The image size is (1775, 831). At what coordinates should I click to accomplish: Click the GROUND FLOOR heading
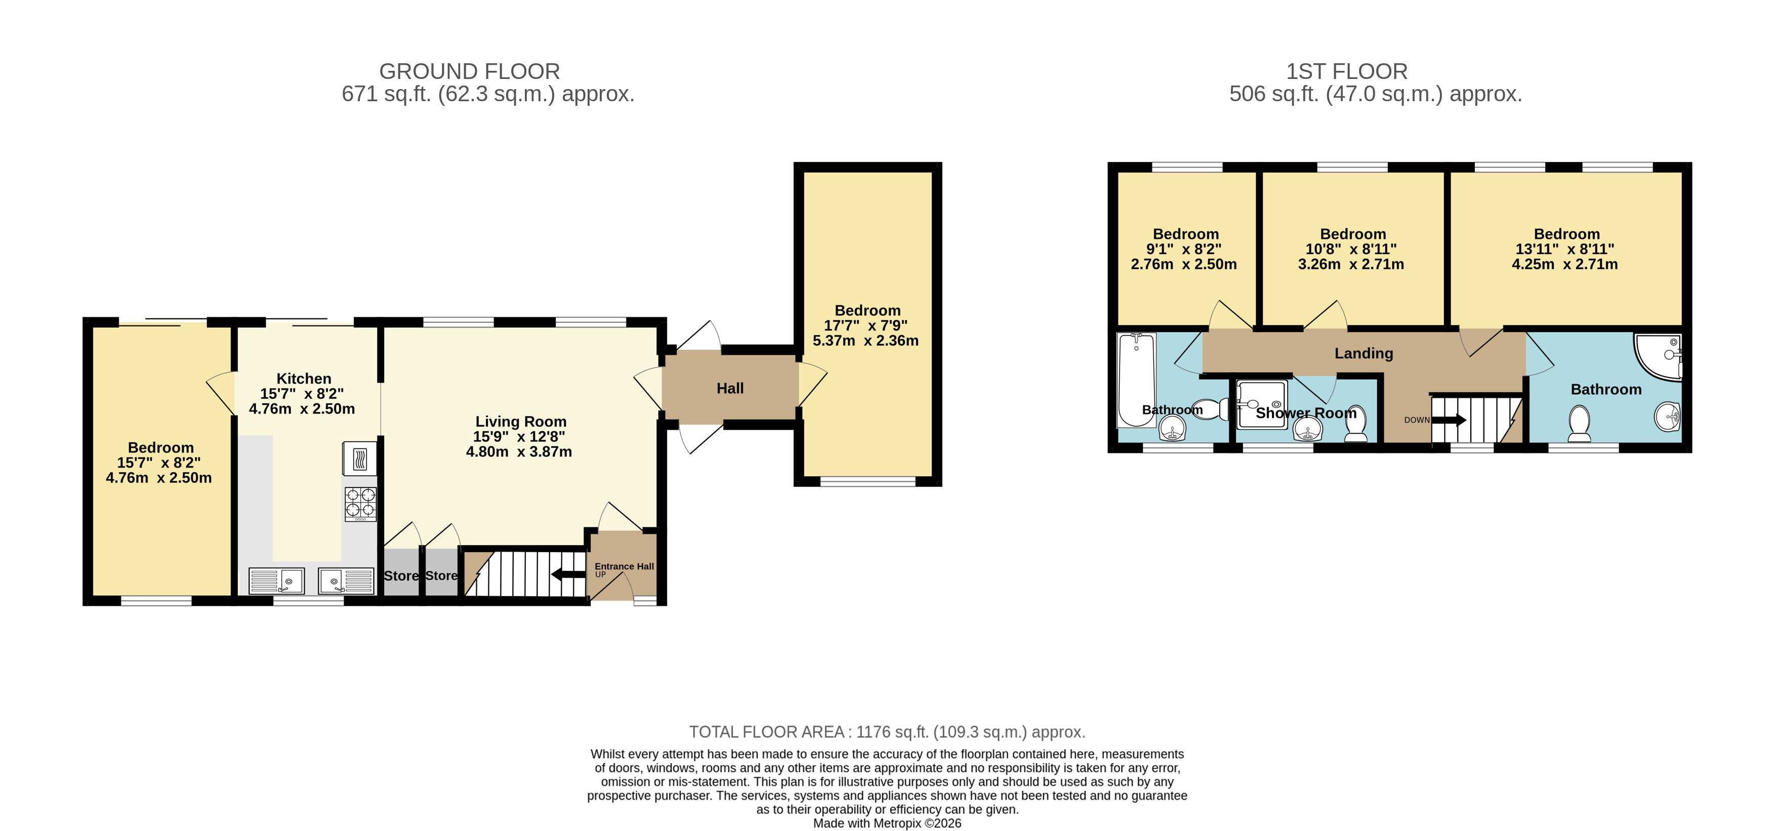tap(469, 72)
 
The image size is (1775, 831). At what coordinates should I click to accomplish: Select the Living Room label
tap(521, 422)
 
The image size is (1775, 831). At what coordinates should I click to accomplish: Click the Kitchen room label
tap(304, 378)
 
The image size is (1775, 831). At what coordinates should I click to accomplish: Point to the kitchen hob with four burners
tap(360, 503)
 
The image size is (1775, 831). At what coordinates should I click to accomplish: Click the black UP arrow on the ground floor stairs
tap(568, 573)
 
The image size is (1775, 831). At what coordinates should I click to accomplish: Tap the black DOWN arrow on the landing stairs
tap(1449, 420)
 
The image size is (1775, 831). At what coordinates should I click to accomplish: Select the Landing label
tap(1364, 353)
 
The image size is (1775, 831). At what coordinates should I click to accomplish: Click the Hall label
tap(730, 389)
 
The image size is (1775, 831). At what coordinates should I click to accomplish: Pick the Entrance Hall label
tap(624, 566)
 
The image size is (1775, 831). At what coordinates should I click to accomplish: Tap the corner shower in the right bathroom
tap(1657, 356)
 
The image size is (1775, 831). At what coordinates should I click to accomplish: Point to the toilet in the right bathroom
tap(1579, 423)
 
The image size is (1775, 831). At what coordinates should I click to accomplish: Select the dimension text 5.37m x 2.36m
tap(865, 341)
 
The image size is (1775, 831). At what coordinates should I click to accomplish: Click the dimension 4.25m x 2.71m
tap(1565, 264)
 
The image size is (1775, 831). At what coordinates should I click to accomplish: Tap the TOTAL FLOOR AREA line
tap(888, 732)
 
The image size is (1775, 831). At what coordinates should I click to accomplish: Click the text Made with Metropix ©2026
tap(888, 823)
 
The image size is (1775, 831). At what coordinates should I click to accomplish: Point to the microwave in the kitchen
tap(360, 458)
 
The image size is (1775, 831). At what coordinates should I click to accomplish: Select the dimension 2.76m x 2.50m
tap(1184, 264)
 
